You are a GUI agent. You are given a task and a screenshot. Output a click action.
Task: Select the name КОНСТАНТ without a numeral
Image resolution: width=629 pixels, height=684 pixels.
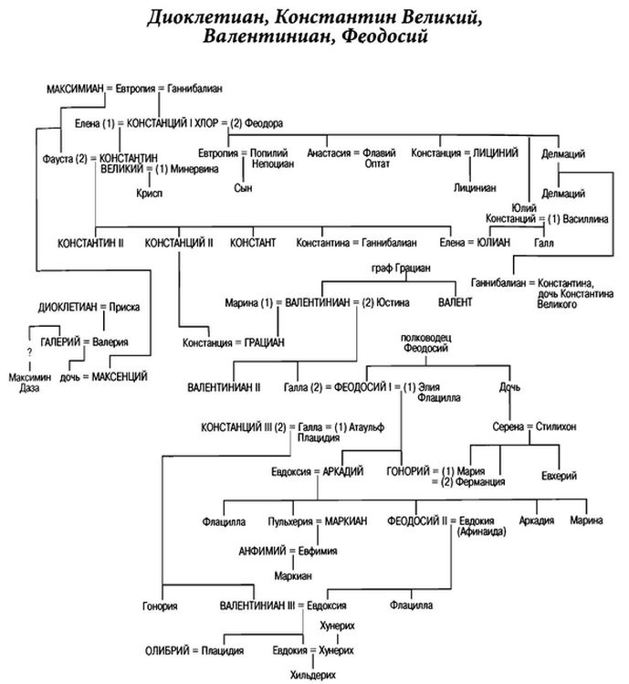[253, 243]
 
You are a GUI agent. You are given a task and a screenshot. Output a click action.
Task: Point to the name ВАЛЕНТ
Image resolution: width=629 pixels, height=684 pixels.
[455, 300]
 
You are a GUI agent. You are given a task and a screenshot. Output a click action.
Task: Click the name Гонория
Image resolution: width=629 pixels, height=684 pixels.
[161, 605]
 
